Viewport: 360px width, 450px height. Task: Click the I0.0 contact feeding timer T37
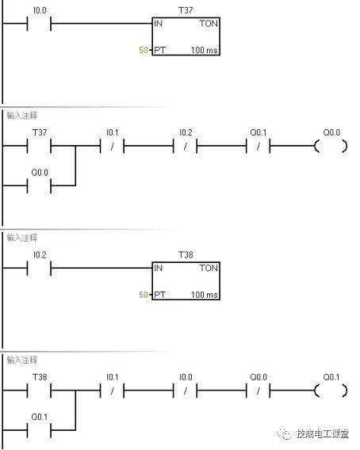pos(39,24)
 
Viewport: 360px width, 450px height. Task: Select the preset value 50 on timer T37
pos(143,50)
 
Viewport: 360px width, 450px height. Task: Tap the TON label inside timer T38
pos(209,268)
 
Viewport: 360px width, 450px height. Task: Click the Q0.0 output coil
pos(331,146)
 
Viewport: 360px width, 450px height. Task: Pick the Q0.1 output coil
pos(331,391)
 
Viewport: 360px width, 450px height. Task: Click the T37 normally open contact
pos(39,146)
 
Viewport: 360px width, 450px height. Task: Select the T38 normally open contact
pos(39,391)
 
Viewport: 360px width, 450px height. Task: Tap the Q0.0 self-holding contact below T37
pos(39,185)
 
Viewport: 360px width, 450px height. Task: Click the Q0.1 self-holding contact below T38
pos(39,430)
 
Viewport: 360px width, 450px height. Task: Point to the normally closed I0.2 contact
pos(186,146)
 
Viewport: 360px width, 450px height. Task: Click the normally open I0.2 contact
pos(39,269)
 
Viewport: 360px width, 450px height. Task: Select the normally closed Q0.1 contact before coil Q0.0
pos(259,146)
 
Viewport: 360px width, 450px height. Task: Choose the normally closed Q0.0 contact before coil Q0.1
pos(259,391)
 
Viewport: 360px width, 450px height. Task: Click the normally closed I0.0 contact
pos(186,391)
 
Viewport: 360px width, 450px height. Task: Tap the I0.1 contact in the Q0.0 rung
pos(113,146)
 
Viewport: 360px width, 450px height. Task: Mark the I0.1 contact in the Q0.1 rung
pos(113,391)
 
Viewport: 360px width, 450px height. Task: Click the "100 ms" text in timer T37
pos(205,50)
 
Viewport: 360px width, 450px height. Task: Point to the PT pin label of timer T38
pos(159,295)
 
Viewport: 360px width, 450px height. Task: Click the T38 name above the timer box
pos(186,254)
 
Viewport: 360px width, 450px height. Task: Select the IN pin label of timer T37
pos(158,24)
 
